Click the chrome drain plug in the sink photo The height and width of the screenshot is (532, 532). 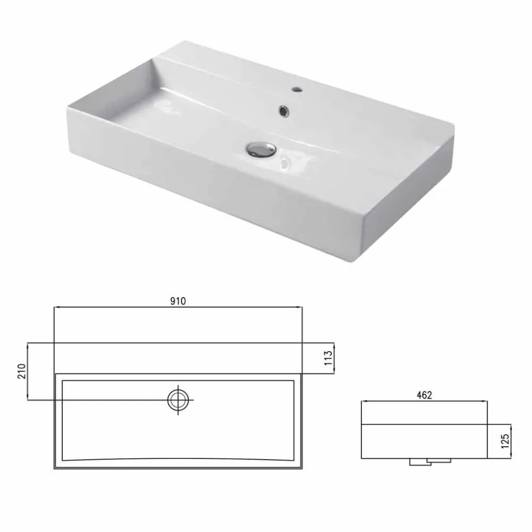[261, 148]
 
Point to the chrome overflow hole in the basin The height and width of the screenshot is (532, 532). [283, 111]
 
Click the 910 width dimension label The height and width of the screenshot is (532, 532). [178, 301]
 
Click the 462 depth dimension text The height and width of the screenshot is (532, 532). [424, 395]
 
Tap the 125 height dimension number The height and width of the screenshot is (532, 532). [505, 441]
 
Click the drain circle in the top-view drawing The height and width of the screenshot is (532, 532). [179, 399]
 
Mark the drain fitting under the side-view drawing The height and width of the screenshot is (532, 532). [430, 461]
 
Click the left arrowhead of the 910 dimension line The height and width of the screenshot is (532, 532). [56, 307]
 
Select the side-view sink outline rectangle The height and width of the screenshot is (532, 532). [424, 441]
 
